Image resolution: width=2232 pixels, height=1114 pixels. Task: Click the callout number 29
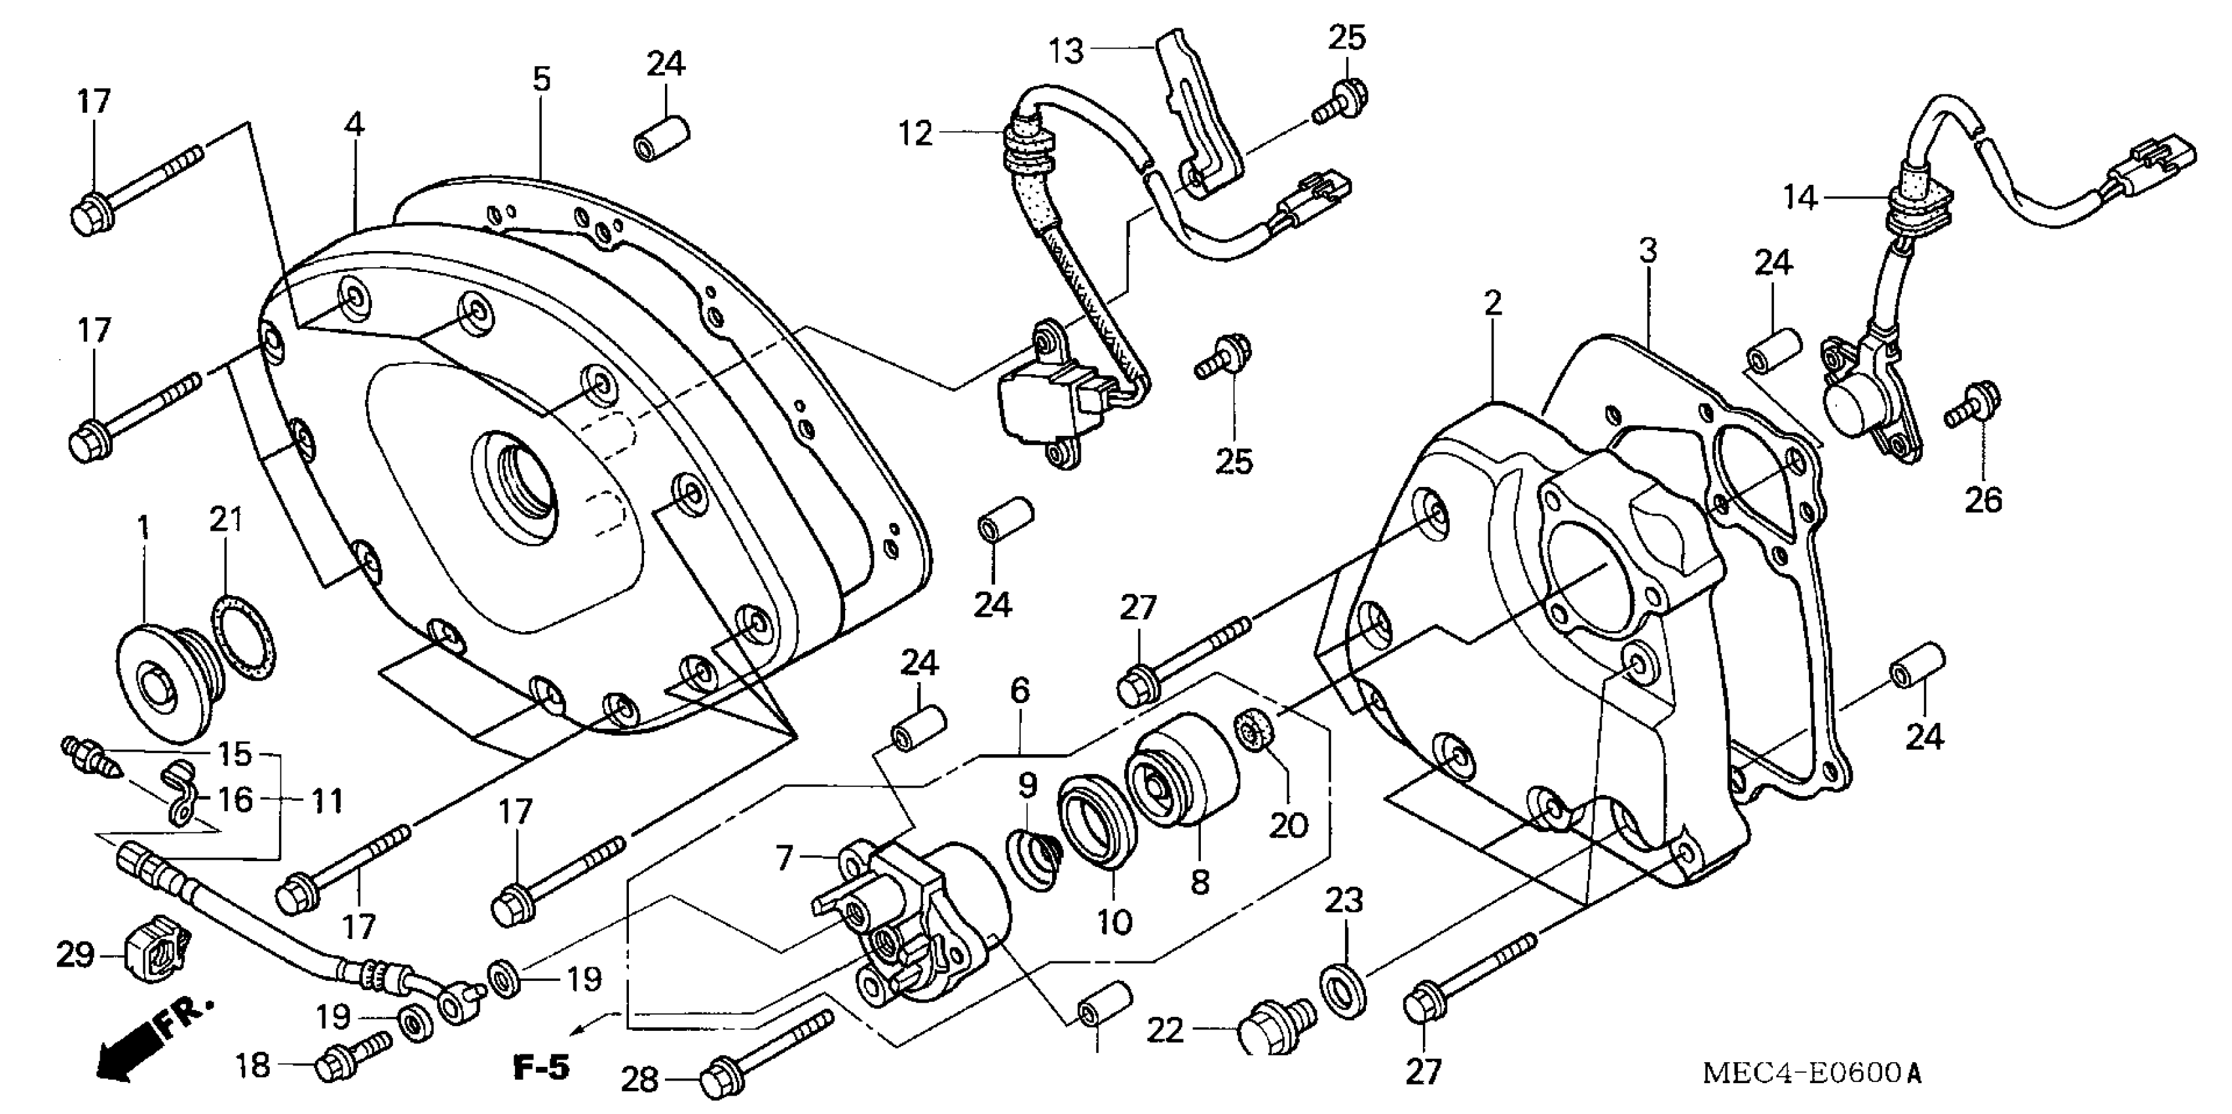pyautogui.click(x=75, y=955)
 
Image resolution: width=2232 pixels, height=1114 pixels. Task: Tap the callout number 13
pyautogui.click(x=1067, y=51)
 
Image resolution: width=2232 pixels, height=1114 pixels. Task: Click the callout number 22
pyautogui.click(x=1165, y=1031)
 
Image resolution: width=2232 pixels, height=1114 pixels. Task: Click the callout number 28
pyautogui.click(x=640, y=1079)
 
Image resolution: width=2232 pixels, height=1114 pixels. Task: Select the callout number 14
pyautogui.click(x=1799, y=198)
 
